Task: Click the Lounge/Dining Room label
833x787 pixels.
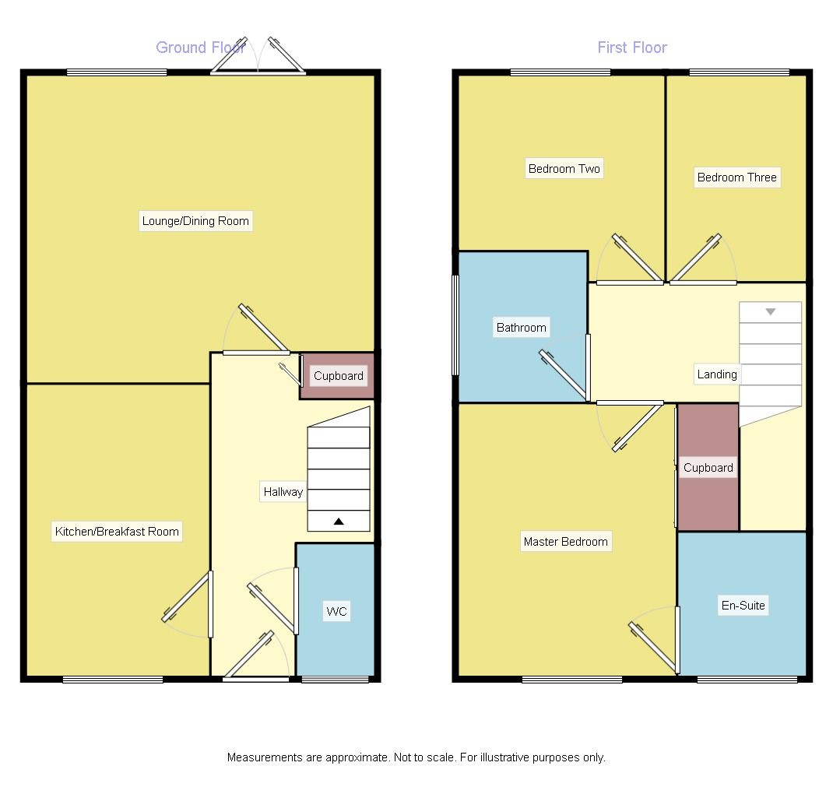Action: click(195, 221)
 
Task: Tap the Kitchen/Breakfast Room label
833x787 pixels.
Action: click(117, 532)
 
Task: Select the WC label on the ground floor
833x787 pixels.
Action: click(336, 612)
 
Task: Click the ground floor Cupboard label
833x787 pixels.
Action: click(338, 376)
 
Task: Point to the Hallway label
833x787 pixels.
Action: click(283, 492)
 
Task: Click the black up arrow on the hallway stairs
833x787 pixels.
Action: click(339, 522)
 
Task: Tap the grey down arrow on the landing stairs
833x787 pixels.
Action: click(770, 312)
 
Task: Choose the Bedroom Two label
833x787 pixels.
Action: click(564, 169)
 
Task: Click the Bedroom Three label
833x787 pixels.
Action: click(736, 177)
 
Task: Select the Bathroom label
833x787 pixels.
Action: click(522, 328)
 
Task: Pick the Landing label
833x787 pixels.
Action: click(716, 374)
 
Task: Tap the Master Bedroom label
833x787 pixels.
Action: click(565, 542)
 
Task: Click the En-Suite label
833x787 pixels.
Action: click(743, 606)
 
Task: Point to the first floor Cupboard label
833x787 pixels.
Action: click(708, 468)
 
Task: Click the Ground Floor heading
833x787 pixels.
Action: click(201, 47)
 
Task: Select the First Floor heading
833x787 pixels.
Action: click(632, 47)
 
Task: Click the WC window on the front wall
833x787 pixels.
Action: click(335, 680)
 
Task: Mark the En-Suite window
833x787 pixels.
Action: click(747, 680)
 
